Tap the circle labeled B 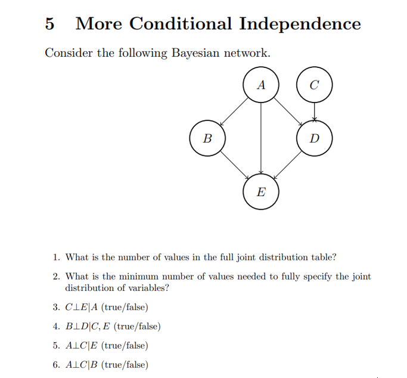point(207,139)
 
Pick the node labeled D point(314,139)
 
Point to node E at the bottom point(260,192)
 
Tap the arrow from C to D point(314,112)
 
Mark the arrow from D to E point(287,165)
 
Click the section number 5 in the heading point(50,24)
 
